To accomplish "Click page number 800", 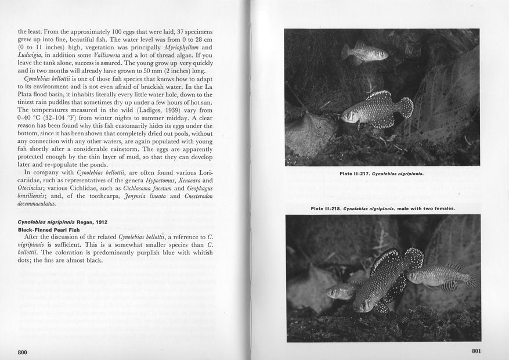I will click(x=23, y=352).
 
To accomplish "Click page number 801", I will click(x=477, y=350).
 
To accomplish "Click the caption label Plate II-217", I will click(x=355, y=173).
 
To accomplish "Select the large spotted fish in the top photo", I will click(x=377, y=108).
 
